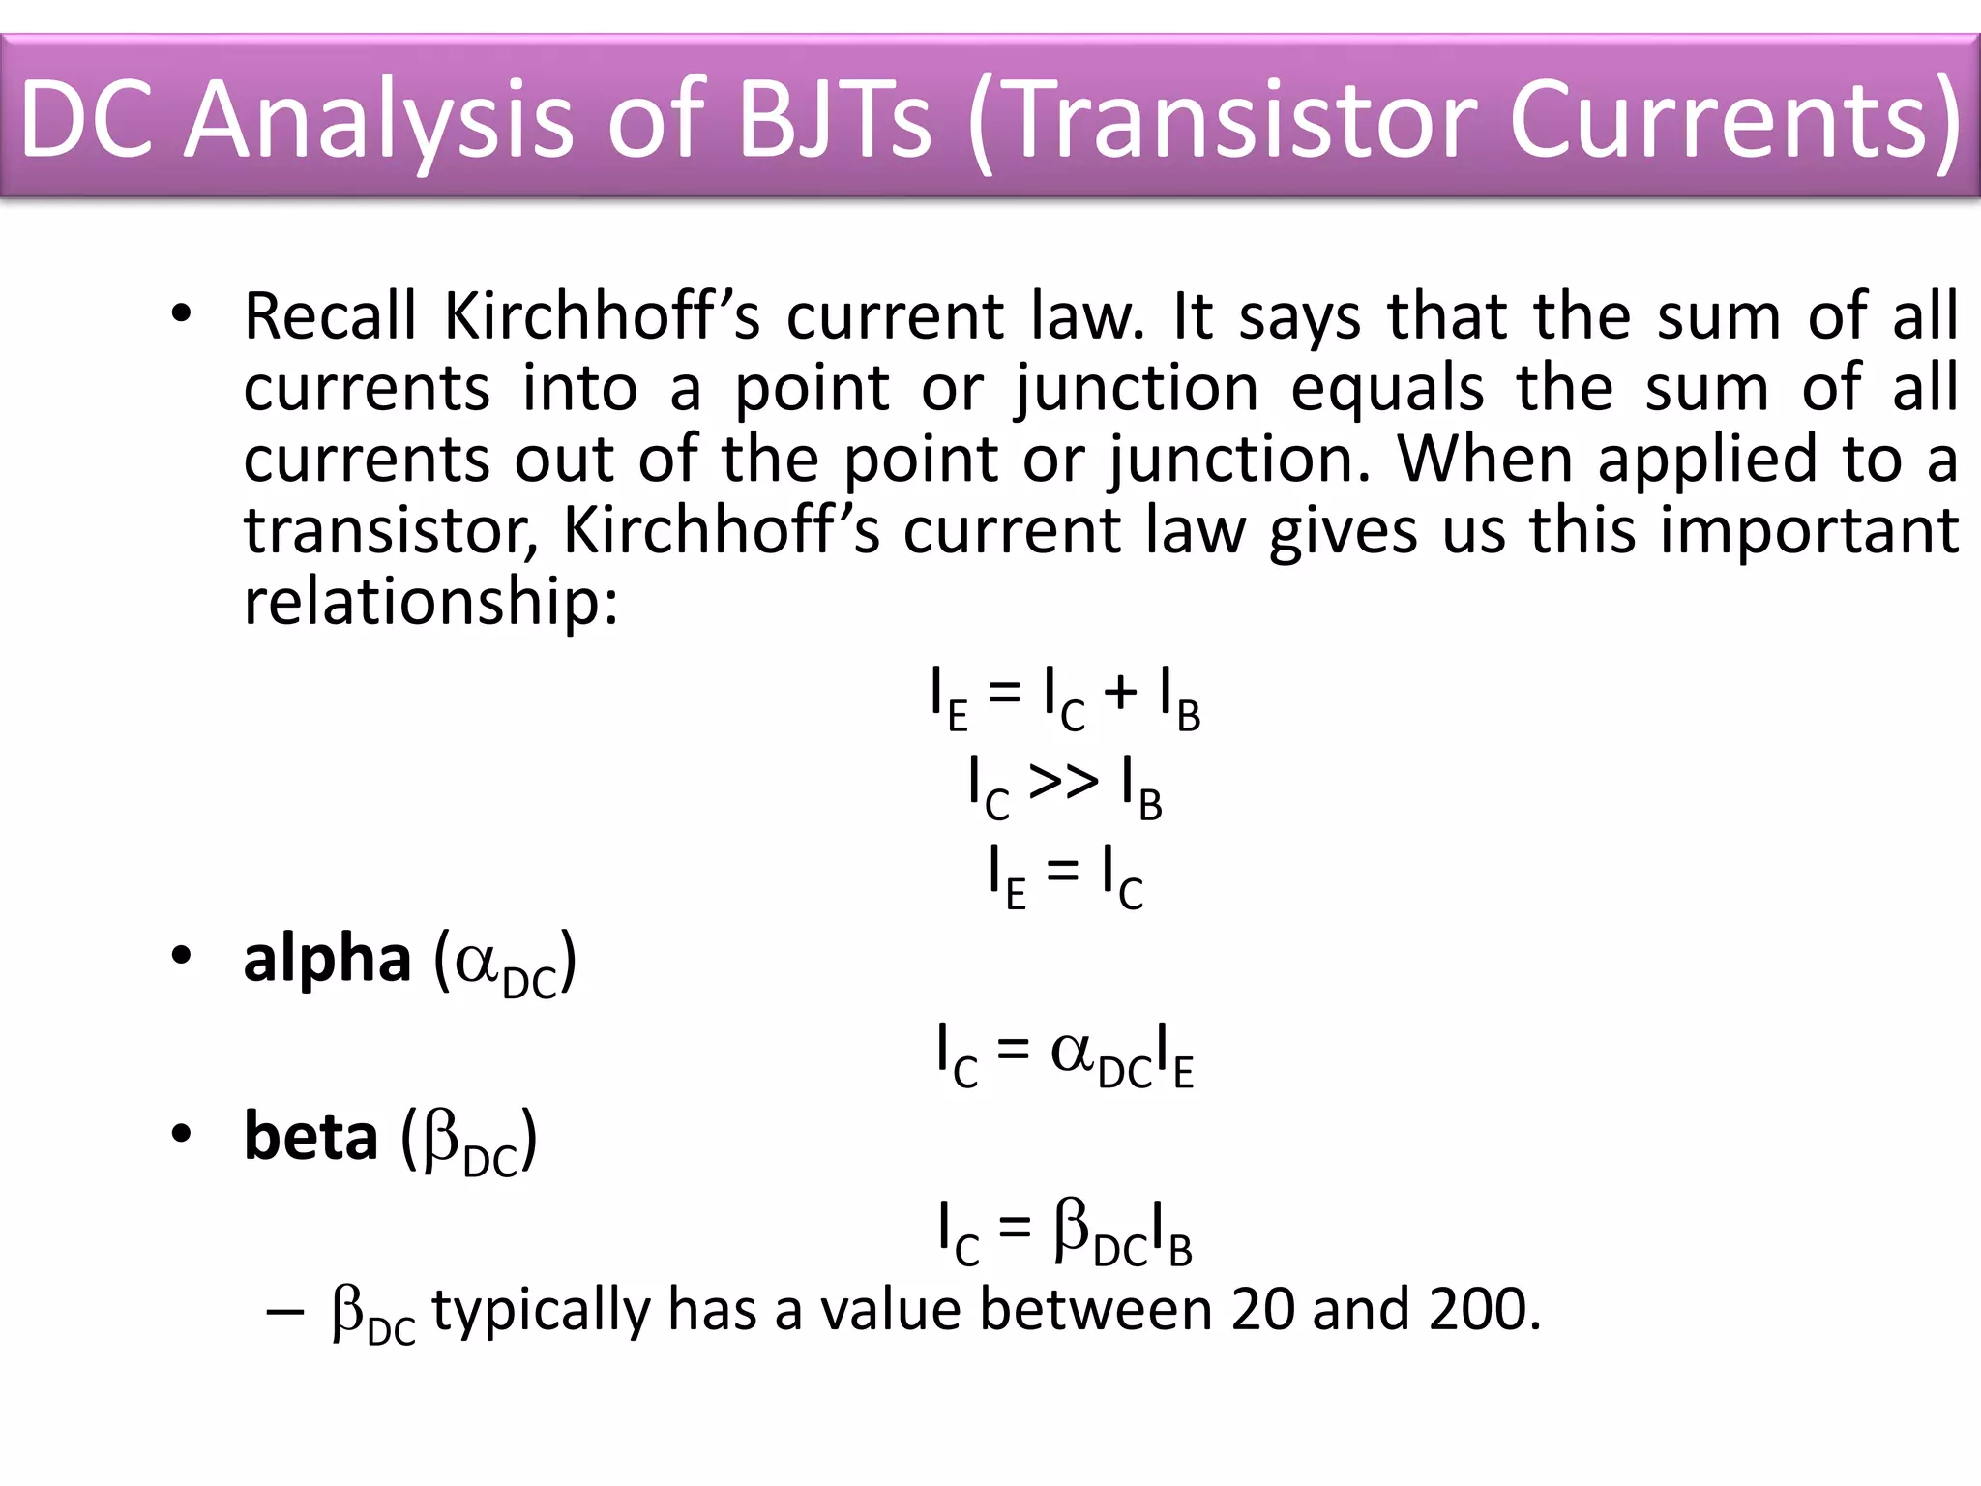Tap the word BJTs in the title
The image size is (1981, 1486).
[x=835, y=120]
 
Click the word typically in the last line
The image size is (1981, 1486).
[x=541, y=1311]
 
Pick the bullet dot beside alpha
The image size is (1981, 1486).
[x=181, y=957]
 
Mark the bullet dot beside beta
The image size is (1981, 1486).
[x=181, y=1134]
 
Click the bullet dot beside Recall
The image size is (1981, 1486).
[x=181, y=314]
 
